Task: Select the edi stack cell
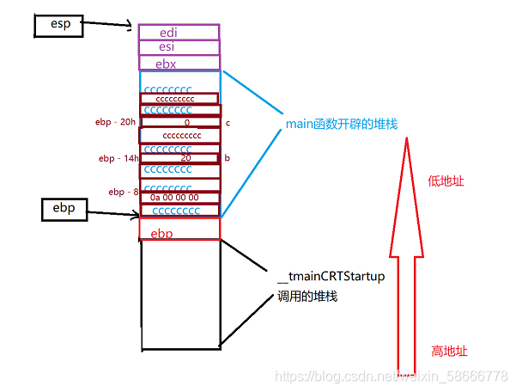[x=179, y=32]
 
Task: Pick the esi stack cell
[x=179, y=47]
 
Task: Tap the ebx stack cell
[x=179, y=63]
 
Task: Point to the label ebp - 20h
[x=115, y=123]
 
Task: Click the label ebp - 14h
[x=117, y=158]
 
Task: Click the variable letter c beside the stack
[x=228, y=123]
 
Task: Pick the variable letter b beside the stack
[x=227, y=158]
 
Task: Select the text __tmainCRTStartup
[x=331, y=277]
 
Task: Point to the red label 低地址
[x=446, y=181]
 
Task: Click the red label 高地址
[x=449, y=351]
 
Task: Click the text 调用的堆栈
[x=307, y=297]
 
